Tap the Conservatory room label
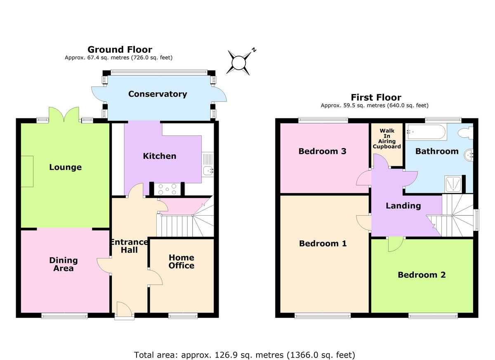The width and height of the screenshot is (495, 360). coord(158,94)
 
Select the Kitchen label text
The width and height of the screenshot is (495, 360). coord(159,156)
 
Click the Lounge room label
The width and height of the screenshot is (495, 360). coord(65,167)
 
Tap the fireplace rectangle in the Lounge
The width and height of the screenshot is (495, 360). coord(27,171)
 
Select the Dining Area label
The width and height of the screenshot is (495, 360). coord(64,264)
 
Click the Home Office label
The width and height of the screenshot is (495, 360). coord(181,261)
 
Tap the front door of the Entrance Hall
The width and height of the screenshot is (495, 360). coord(124,311)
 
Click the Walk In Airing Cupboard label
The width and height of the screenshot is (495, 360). coord(387,139)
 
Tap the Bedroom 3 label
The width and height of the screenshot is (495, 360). coord(322,151)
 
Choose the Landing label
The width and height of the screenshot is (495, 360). coord(403,206)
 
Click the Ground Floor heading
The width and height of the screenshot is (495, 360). coord(120,50)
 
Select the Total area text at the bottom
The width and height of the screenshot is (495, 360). coord(244,355)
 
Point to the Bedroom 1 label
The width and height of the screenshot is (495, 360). coord(323,243)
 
